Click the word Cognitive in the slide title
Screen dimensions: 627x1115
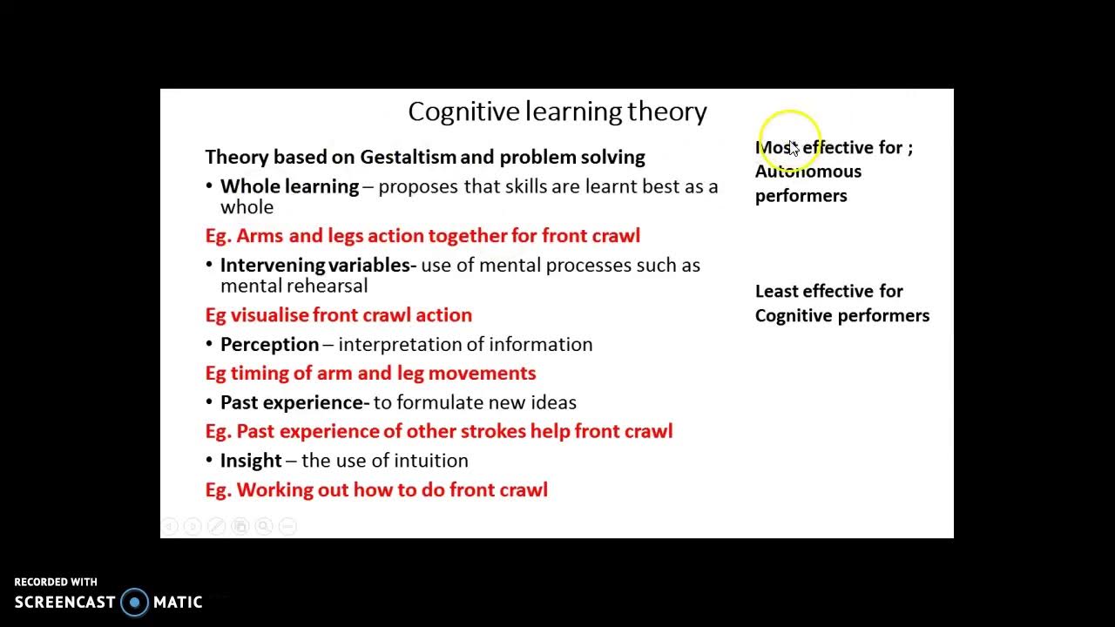coord(463,111)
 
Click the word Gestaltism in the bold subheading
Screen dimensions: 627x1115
coord(408,158)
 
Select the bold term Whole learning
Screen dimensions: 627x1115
coord(289,186)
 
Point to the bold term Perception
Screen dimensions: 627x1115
coord(269,345)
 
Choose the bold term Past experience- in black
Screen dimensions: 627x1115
coord(294,402)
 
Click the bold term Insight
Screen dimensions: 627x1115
coord(251,461)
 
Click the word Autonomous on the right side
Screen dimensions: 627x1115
coord(808,172)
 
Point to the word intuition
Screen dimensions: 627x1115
coord(431,461)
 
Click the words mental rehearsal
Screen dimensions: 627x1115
coord(294,286)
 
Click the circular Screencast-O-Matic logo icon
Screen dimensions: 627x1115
coord(134,602)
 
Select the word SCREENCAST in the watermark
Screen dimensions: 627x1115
coord(65,602)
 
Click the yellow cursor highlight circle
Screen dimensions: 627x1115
coord(789,139)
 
